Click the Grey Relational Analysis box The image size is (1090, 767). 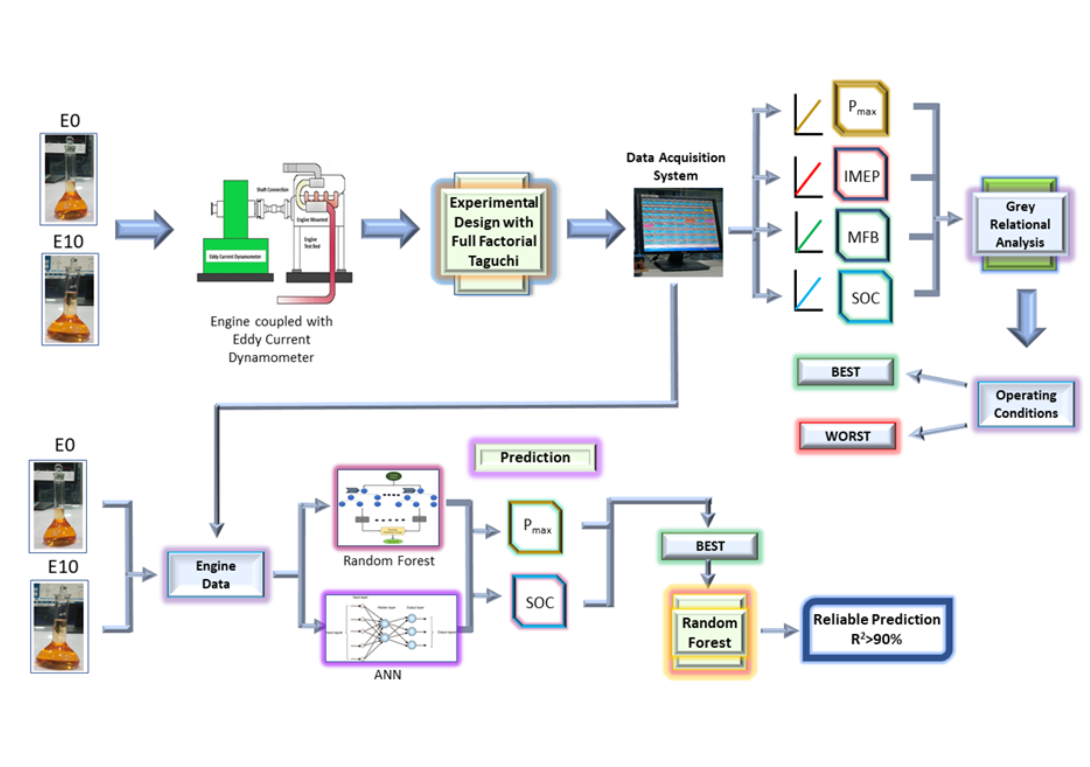click(1020, 224)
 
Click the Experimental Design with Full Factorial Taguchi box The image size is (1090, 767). click(494, 232)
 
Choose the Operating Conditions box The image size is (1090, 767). click(1026, 404)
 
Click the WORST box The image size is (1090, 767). click(847, 436)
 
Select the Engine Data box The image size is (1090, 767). click(216, 575)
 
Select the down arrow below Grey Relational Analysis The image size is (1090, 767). click(1026, 317)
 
